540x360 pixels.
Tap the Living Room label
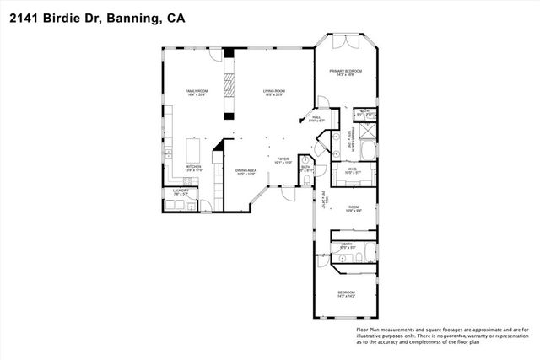click(x=273, y=92)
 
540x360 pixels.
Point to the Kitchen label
click(x=194, y=168)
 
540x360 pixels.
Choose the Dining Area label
click(x=246, y=171)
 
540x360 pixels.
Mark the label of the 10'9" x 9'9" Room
click(x=354, y=208)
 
